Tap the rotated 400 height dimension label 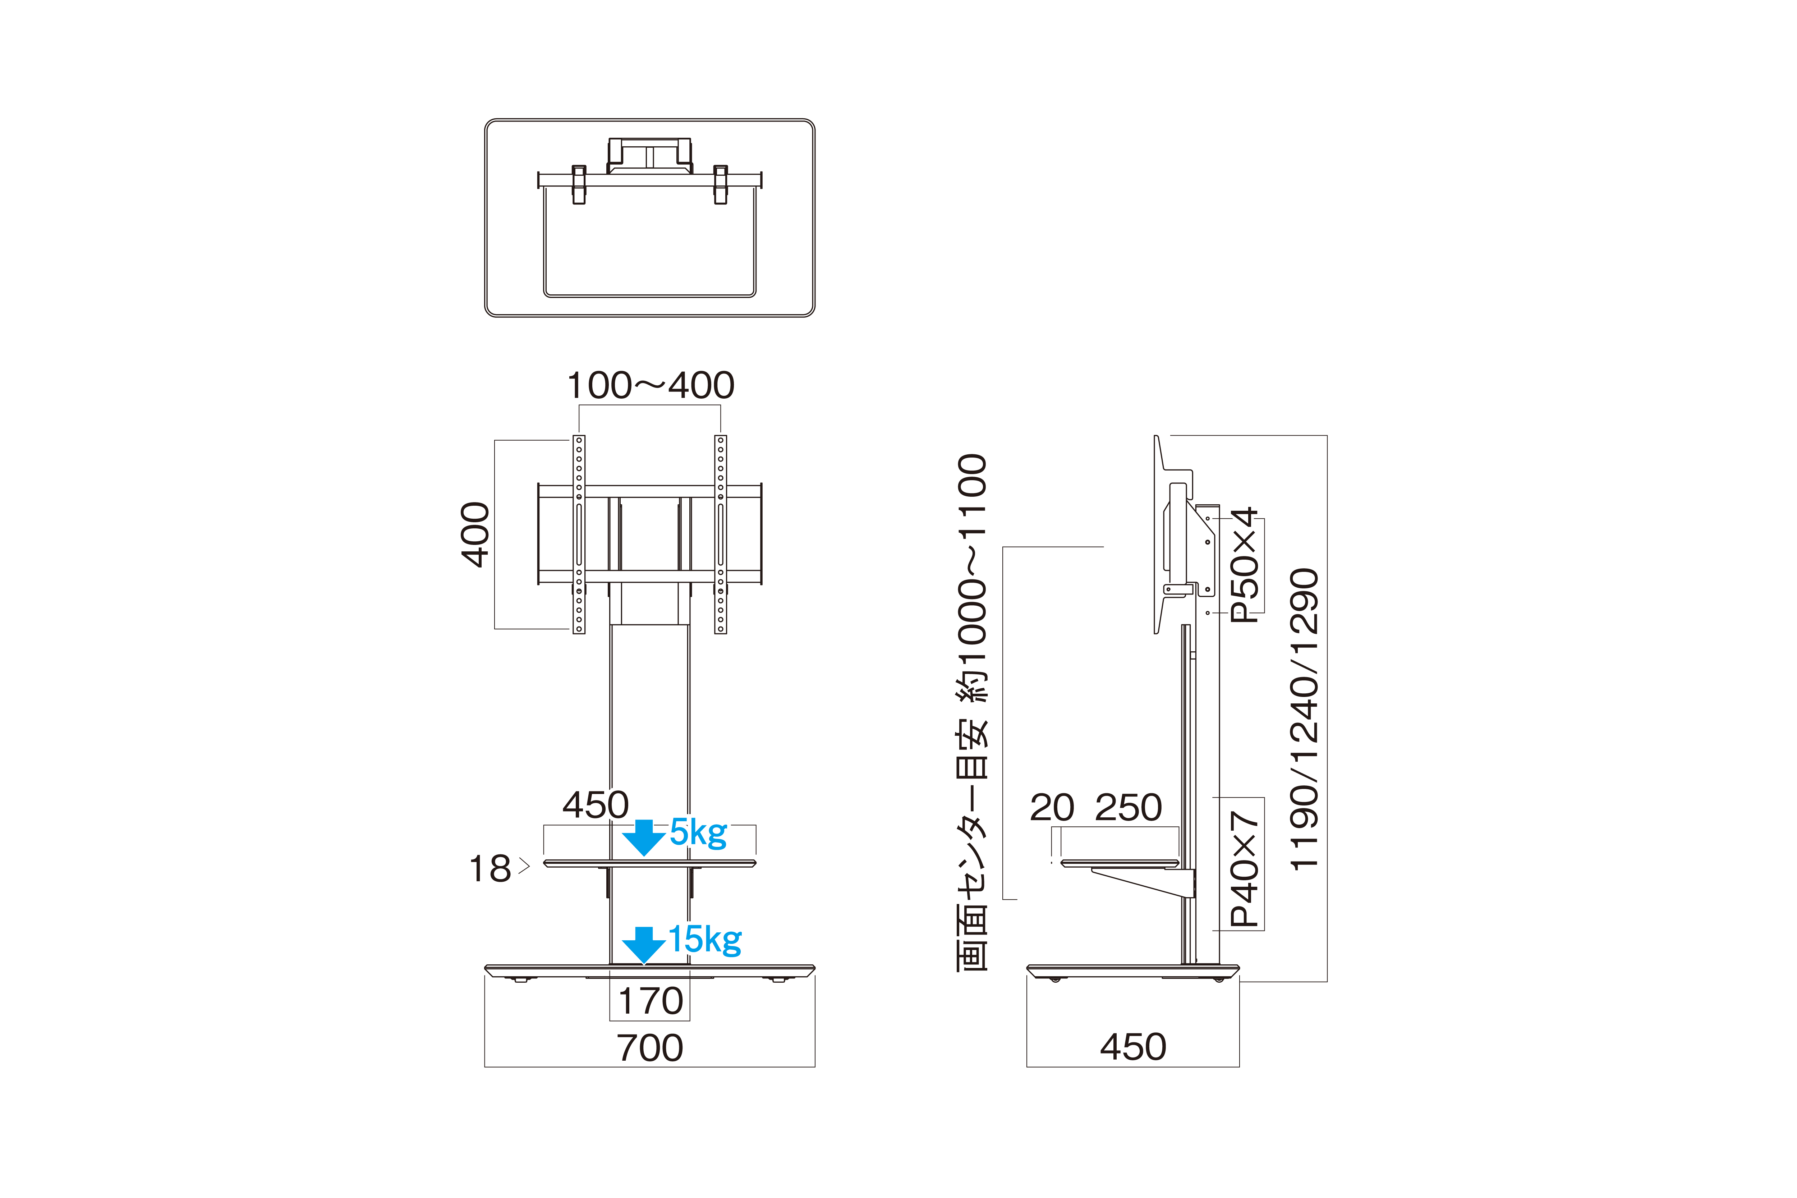click(475, 535)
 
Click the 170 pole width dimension click(650, 1001)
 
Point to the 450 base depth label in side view click(1133, 1047)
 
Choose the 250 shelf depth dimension click(1129, 808)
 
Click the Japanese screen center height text click(973, 712)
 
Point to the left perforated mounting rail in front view click(579, 535)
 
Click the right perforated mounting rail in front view click(721, 535)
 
